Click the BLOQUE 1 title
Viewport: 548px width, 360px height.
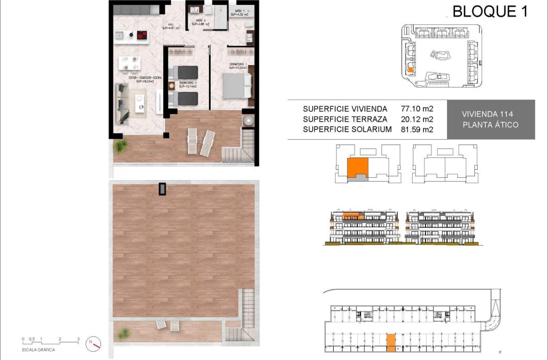[489, 11]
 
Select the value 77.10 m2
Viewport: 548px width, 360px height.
[417, 109]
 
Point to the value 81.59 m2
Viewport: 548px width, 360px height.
[417, 129]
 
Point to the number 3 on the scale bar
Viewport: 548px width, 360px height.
[78, 339]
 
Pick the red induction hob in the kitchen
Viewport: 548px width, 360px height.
[142, 35]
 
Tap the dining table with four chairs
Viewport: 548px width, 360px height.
[129, 63]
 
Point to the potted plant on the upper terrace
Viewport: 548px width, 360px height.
[120, 146]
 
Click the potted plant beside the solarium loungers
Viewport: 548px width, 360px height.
[124, 333]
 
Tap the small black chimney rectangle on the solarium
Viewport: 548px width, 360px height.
[162, 189]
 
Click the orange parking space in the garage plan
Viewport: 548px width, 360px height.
[391, 341]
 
